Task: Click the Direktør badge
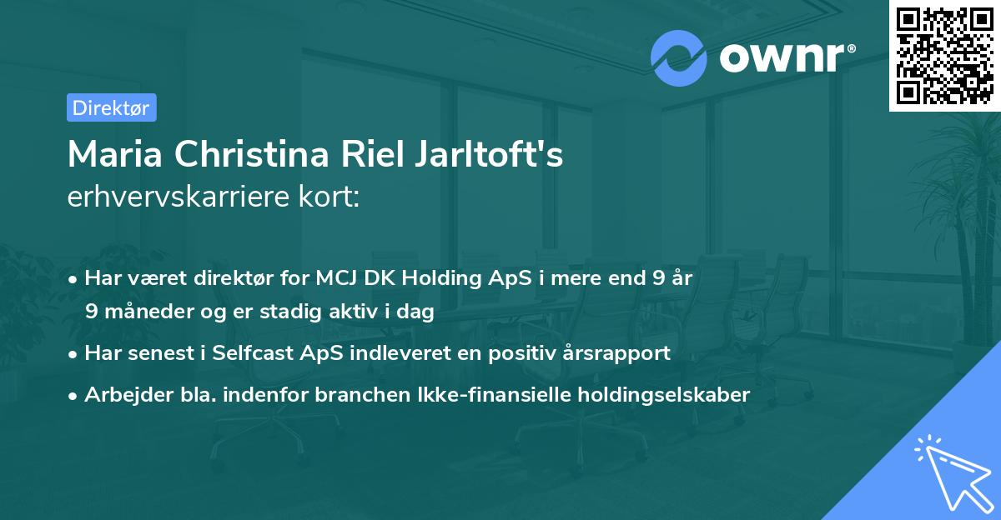[x=111, y=107]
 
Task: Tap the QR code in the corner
[x=943, y=56]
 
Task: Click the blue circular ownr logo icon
[x=679, y=57]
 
